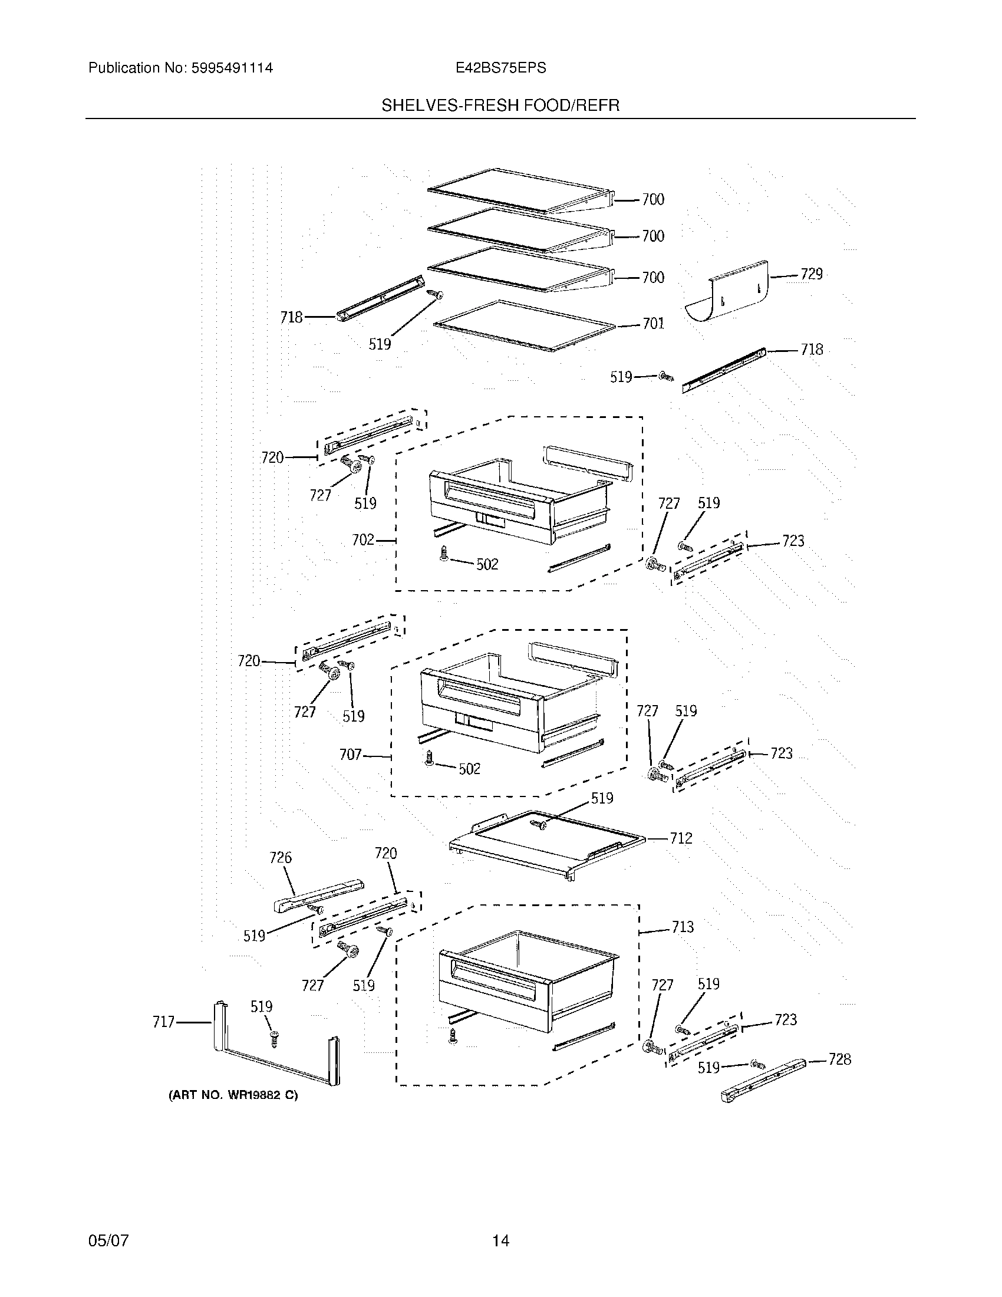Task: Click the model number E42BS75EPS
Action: (x=500, y=68)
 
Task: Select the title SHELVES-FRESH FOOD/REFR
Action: (x=500, y=106)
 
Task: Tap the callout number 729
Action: (x=812, y=274)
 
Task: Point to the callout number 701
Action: (x=653, y=324)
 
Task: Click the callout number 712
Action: (x=681, y=838)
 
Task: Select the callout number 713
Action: (x=683, y=927)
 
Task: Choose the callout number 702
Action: (x=363, y=540)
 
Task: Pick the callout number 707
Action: (x=350, y=755)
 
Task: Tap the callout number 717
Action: (x=164, y=1022)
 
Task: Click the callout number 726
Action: (x=281, y=858)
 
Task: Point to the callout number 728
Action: (x=839, y=1059)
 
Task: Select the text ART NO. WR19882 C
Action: (x=233, y=1096)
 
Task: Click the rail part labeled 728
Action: (x=763, y=1079)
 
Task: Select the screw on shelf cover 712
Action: (x=540, y=824)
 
